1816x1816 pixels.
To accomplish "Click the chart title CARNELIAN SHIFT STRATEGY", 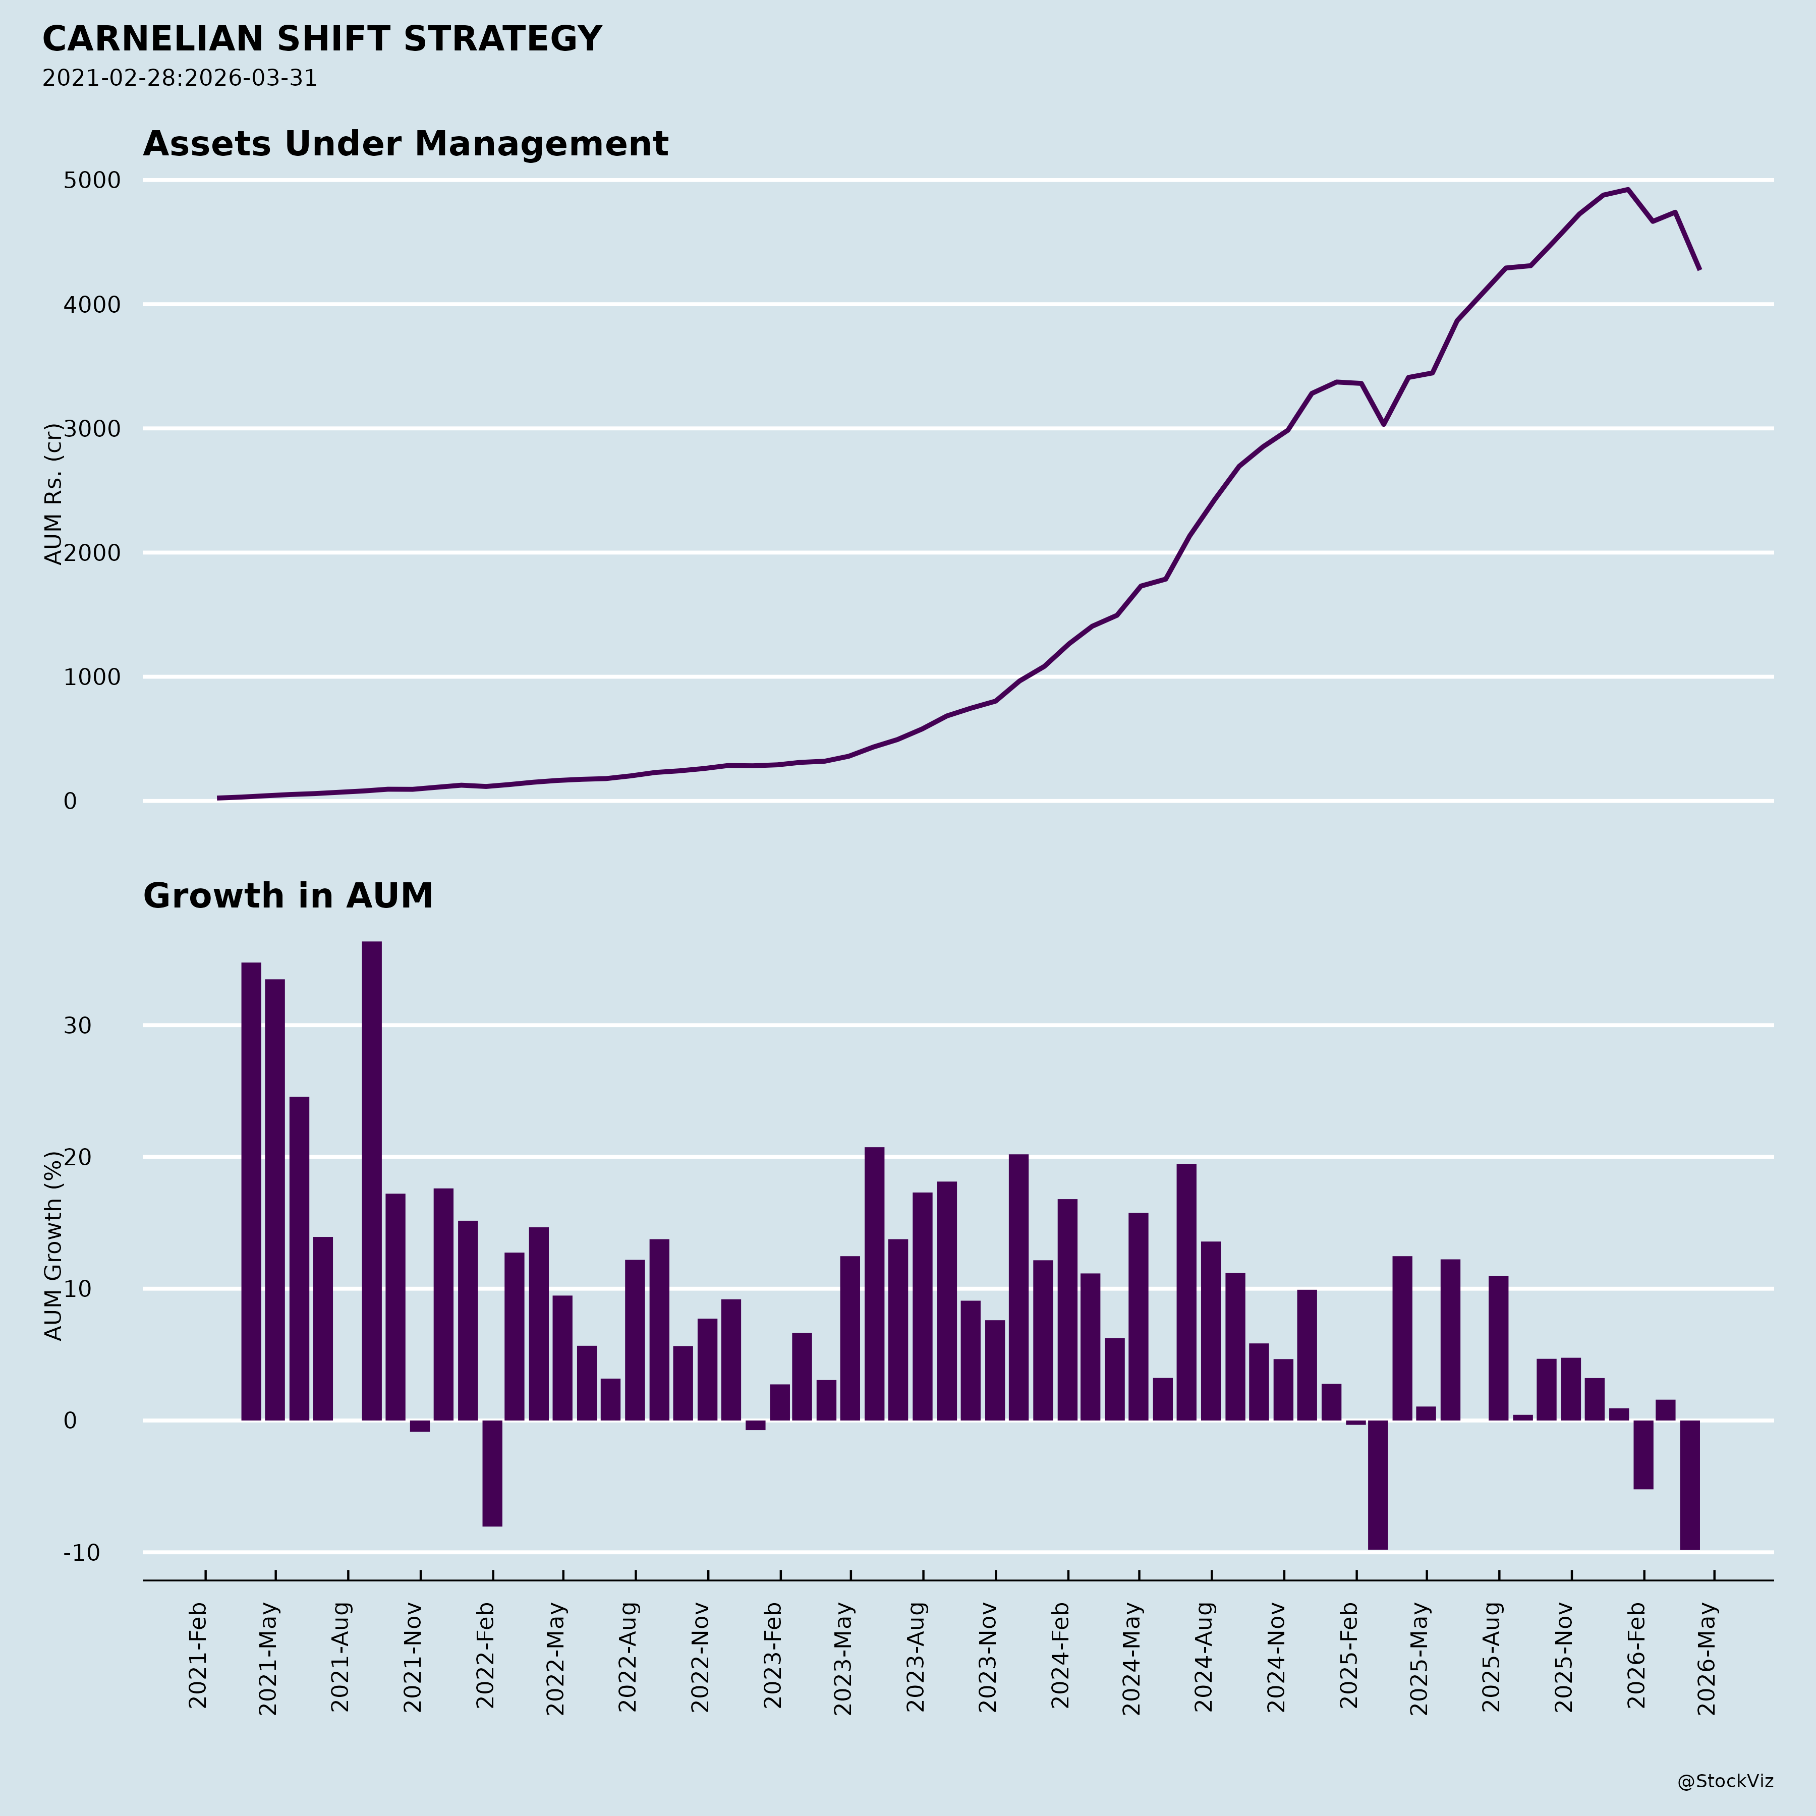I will pos(321,39).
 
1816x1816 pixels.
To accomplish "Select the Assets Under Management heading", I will pos(405,144).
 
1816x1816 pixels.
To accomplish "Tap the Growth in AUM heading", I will pos(288,896).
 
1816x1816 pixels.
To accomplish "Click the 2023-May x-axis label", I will pos(843,1659).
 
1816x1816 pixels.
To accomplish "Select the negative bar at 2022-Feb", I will pos(492,1473).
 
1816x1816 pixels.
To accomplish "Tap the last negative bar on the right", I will pos(1689,1485).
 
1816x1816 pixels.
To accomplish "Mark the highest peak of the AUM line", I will pos(1627,189).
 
